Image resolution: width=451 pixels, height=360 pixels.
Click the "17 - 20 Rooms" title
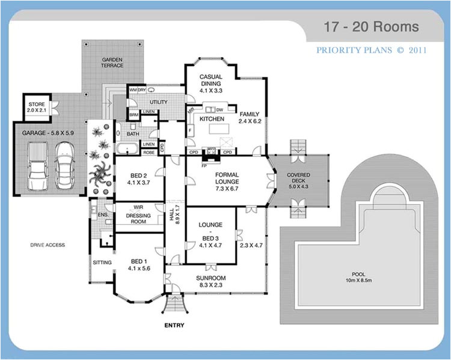370,27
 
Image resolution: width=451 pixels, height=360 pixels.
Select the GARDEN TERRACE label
112,63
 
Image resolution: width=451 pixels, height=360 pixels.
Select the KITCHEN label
211,120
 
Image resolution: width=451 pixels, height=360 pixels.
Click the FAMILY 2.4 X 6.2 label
248,117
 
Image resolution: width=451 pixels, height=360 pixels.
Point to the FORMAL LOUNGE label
227,181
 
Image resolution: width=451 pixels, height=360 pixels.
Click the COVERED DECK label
298,182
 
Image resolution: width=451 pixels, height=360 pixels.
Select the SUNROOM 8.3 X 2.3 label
210,281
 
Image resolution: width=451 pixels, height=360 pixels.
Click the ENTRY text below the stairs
174,326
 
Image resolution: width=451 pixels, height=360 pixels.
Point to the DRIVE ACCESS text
48,245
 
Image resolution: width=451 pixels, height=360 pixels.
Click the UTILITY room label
159,102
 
